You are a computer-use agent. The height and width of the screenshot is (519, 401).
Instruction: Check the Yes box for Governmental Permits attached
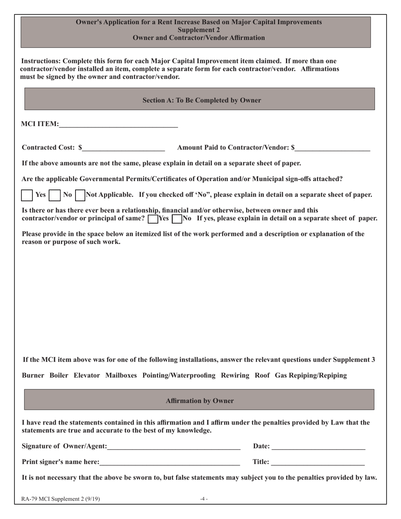click(27, 195)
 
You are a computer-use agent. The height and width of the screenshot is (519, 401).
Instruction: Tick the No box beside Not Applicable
click(54, 195)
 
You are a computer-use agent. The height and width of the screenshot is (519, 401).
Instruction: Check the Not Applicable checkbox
click(80, 195)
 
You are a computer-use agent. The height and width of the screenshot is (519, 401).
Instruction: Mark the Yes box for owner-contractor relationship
click(153, 219)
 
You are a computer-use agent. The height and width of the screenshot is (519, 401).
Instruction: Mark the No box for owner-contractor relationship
click(177, 219)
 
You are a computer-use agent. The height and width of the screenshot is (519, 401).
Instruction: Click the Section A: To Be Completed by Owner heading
click(202, 100)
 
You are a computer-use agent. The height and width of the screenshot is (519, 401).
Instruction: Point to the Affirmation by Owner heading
click(200, 401)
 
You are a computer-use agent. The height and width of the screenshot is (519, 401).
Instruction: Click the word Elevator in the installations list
click(87, 376)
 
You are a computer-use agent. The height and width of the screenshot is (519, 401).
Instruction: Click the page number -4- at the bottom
click(204, 499)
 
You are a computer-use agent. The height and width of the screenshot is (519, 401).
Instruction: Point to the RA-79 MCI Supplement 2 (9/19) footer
click(61, 499)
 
